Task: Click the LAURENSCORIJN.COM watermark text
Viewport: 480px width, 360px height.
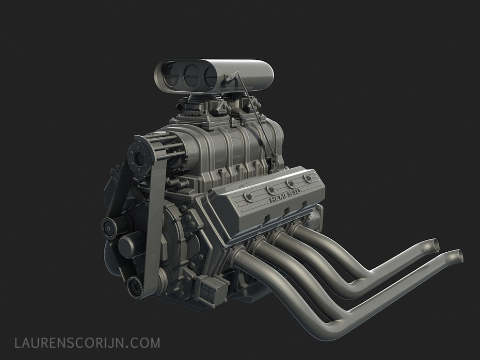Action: (x=87, y=343)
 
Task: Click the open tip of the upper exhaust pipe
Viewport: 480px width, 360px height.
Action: (x=435, y=245)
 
